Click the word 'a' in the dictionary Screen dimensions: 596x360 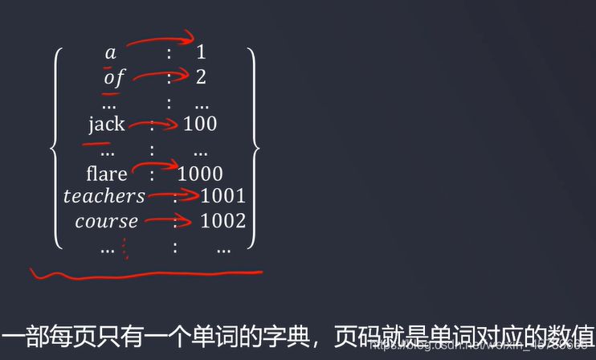[x=111, y=54]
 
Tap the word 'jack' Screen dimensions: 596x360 [x=107, y=124]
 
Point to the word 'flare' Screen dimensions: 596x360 [x=107, y=174]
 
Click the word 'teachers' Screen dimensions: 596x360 [x=104, y=196]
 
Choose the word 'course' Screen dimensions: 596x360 [x=107, y=221]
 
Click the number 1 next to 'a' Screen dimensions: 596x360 [x=201, y=53]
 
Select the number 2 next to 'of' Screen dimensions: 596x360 [x=201, y=78]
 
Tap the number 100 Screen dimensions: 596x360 [x=200, y=124]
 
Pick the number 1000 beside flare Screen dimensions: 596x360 [x=200, y=174]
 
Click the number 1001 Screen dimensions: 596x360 [x=223, y=196]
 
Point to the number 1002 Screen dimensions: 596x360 [x=223, y=221]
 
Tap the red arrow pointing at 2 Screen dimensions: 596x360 [x=161, y=76]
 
